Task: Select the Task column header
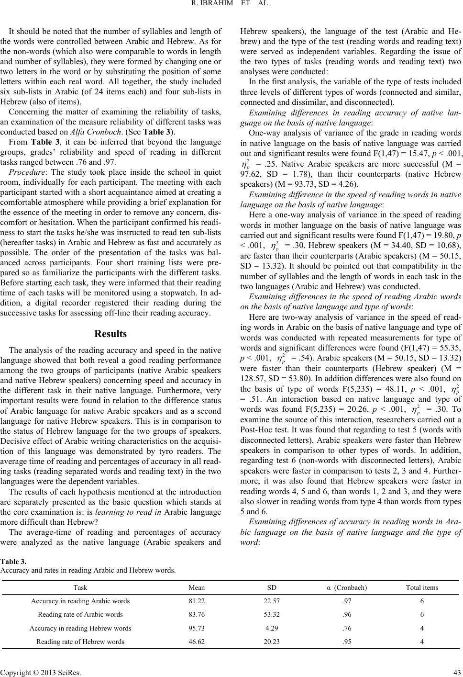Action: coord(80,587)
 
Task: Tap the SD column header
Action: coord(272,587)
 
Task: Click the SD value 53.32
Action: coord(272,614)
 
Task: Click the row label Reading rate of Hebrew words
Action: coord(80,642)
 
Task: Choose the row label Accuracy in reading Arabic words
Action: coord(80,601)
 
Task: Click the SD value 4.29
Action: coord(272,628)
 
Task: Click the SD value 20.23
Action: coord(272,642)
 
